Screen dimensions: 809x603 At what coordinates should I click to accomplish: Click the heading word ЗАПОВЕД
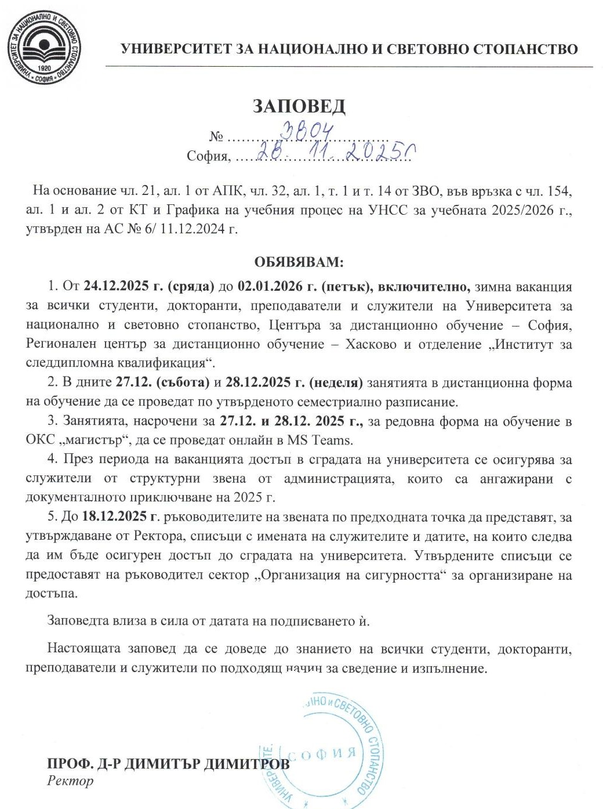click(299, 106)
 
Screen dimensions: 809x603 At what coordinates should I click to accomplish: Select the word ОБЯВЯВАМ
click(299, 262)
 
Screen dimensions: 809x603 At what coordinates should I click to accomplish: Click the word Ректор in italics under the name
click(70, 781)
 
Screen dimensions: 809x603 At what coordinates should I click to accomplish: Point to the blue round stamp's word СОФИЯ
click(322, 754)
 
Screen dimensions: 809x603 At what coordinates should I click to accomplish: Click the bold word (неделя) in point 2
click(336, 383)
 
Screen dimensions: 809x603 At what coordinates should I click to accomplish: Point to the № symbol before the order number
click(217, 137)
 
